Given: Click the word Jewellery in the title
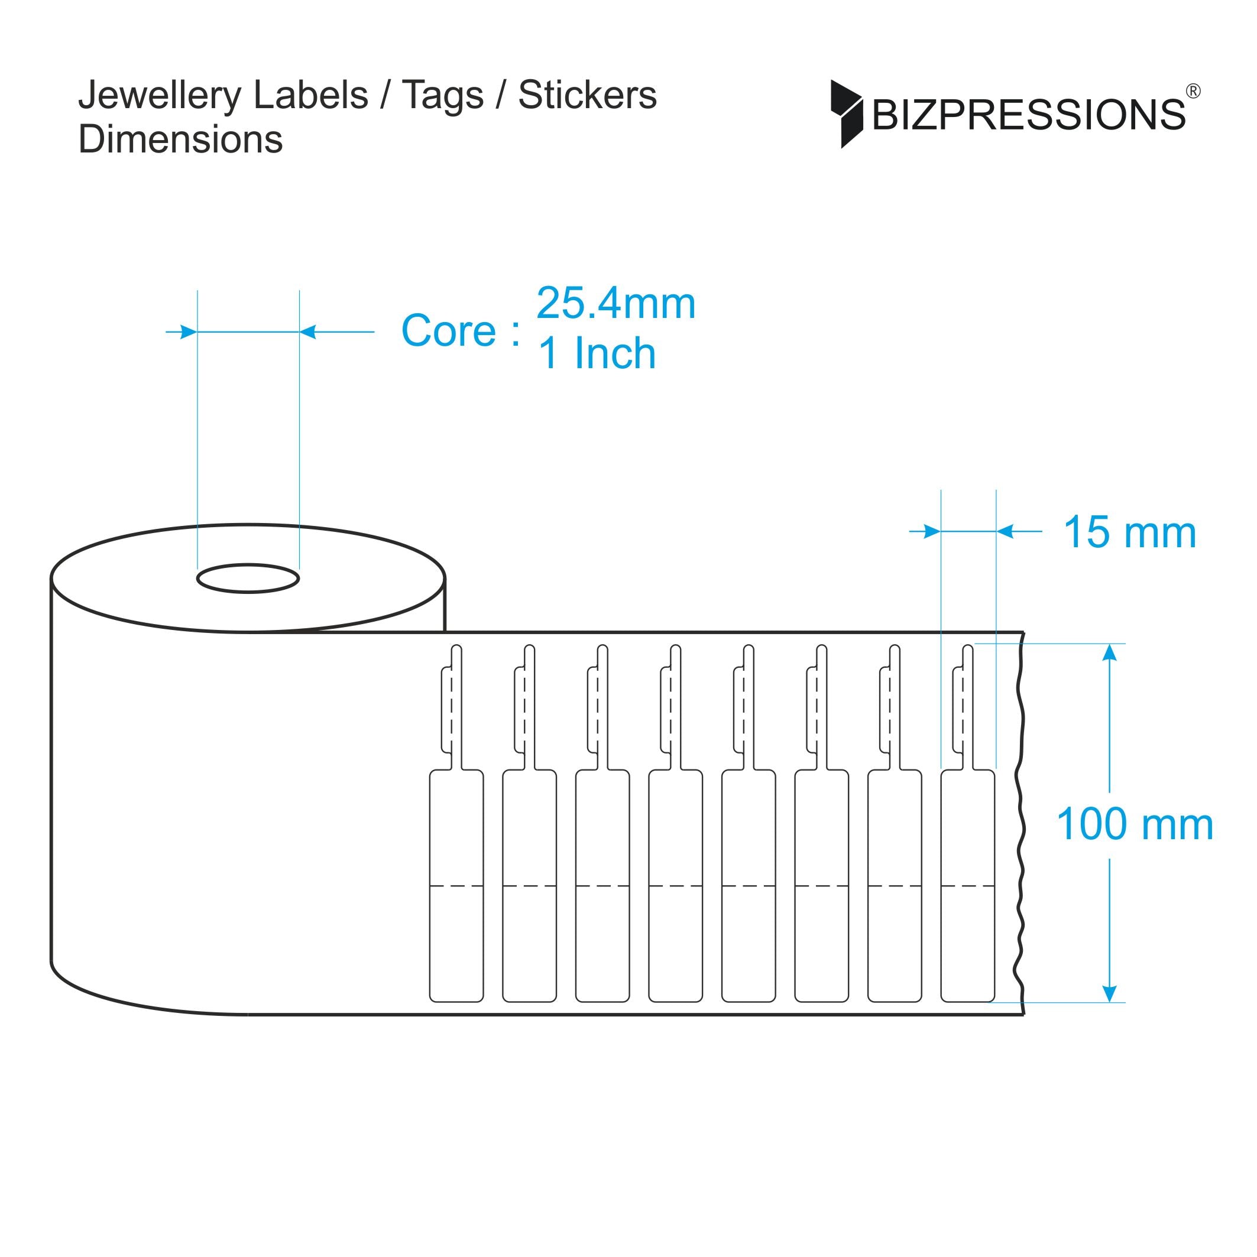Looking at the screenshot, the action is (159, 96).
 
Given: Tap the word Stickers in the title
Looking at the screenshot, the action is (587, 95).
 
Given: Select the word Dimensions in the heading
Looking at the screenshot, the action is (180, 139).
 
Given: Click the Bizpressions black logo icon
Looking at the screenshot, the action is (845, 114).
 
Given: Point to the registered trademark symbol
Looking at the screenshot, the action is (1193, 92).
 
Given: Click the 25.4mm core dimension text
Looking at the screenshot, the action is (616, 304).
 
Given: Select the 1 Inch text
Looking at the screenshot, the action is (597, 353).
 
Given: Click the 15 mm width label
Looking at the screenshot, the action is (1129, 532).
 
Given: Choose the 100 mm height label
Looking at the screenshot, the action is (1135, 824).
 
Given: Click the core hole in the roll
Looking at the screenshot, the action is (248, 579).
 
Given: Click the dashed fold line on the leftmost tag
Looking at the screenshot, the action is (456, 885).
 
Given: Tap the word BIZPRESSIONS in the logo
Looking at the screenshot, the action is (1029, 115).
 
